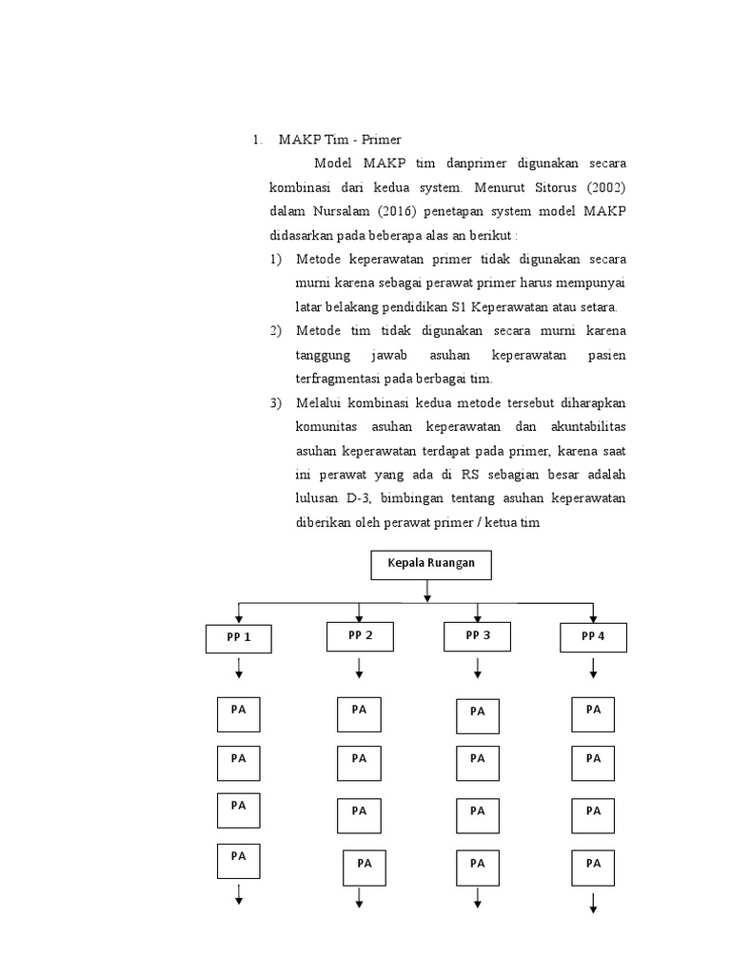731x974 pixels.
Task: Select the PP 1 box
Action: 239,637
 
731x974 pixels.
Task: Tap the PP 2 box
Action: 360,635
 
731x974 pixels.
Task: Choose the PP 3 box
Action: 478,635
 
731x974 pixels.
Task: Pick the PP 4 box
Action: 593,636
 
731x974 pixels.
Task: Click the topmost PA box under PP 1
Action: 239,714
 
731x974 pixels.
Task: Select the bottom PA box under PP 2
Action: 365,867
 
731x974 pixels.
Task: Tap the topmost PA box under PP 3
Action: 478,715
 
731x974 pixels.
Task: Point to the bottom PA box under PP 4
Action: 593,867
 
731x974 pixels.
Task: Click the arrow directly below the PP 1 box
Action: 239,671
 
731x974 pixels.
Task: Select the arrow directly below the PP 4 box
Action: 593,670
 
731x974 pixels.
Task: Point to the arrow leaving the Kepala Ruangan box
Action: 427,591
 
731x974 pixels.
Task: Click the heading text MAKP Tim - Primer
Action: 326,139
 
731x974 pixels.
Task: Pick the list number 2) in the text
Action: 276,330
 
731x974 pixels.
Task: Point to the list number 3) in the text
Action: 276,402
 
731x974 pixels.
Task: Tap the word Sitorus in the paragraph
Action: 546,186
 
